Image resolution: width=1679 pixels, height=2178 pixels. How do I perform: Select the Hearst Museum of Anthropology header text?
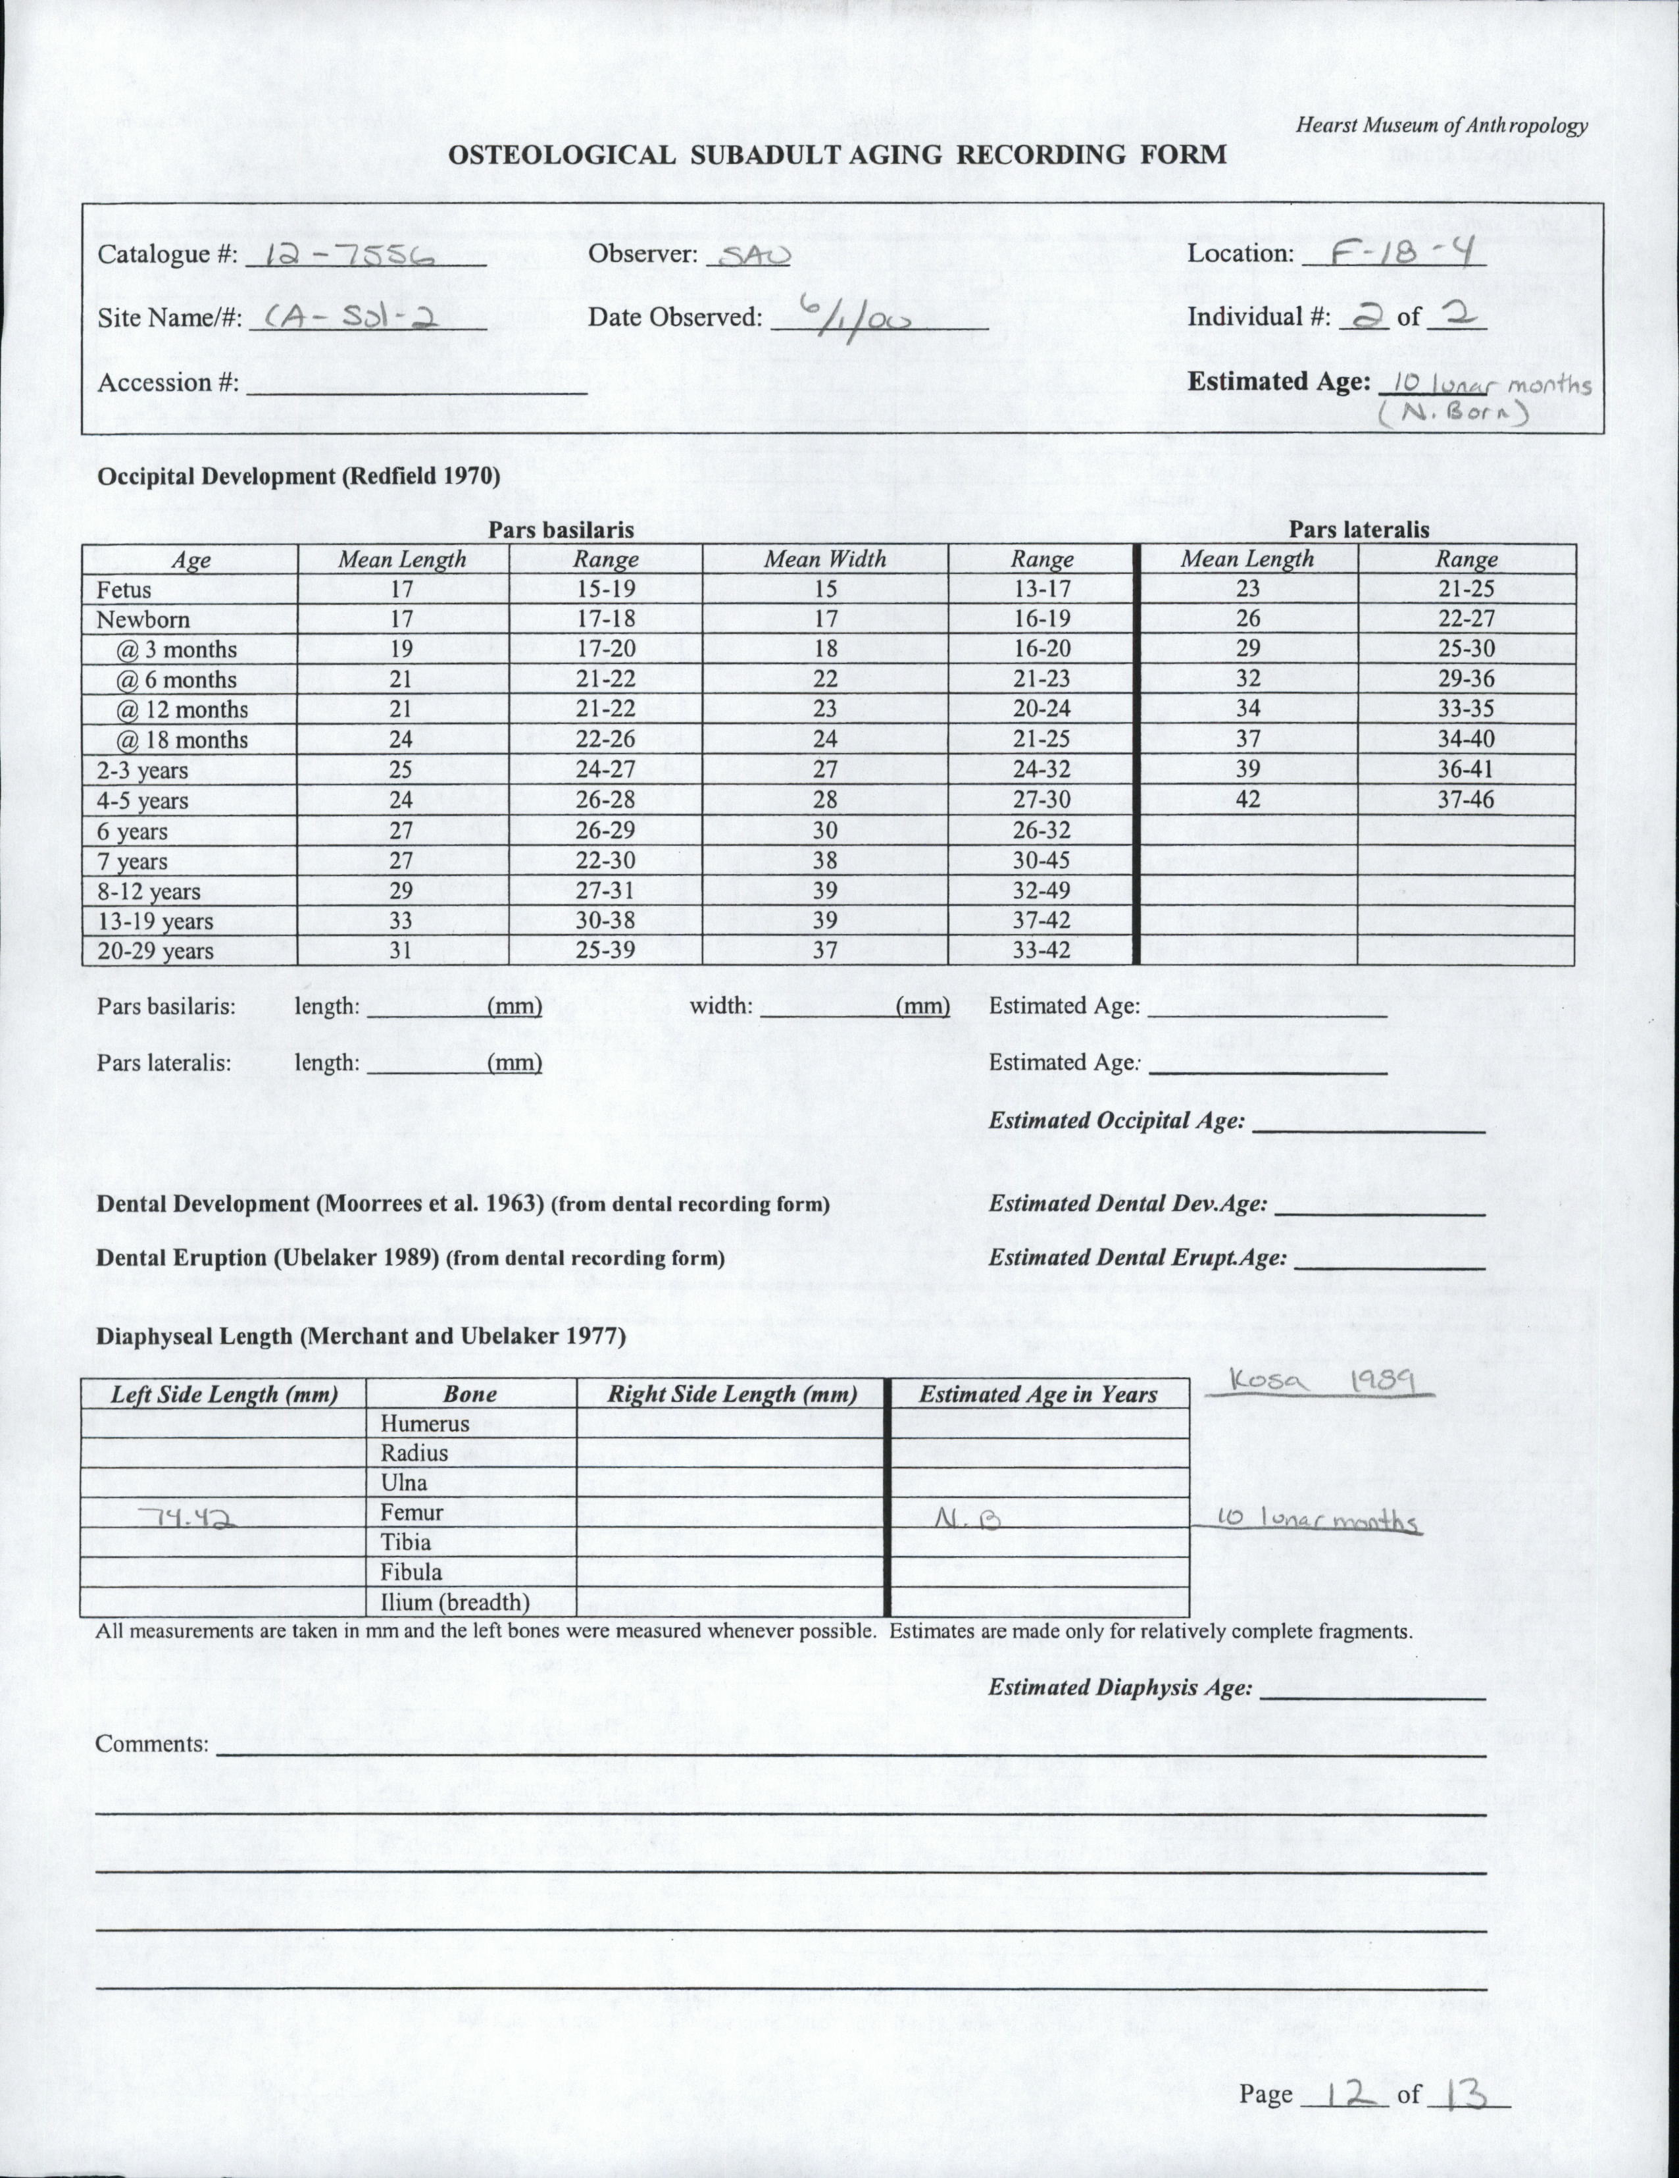point(1441,126)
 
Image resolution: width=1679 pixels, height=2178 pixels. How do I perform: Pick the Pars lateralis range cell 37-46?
point(1466,800)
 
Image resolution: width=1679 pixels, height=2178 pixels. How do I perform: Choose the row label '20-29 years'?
point(155,950)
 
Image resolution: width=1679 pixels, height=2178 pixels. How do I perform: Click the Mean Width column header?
point(824,559)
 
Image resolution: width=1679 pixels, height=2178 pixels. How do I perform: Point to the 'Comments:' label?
point(153,1744)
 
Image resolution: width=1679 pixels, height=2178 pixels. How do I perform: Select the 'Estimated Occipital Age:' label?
point(1116,1121)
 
